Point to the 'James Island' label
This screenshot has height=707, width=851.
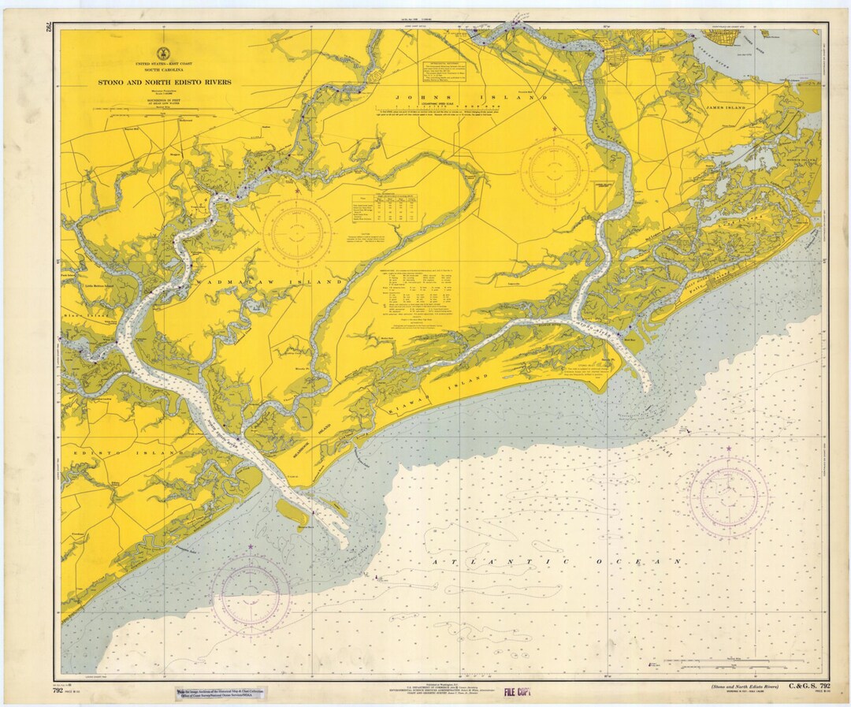[726, 106]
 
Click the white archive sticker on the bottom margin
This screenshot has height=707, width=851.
[221, 694]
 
